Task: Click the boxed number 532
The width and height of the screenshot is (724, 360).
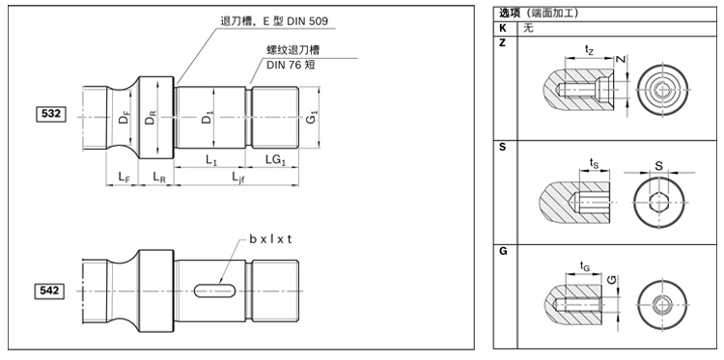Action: pyautogui.click(x=51, y=114)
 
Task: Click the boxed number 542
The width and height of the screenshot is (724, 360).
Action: pyautogui.click(x=50, y=291)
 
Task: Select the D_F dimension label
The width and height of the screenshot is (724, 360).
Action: pyautogui.click(x=124, y=118)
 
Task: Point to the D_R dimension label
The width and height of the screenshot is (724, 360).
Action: pyautogui.click(x=150, y=118)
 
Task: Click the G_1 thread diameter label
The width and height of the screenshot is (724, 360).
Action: pyautogui.click(x=312, y=118)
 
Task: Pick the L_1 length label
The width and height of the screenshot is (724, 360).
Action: pyautogui.click(x=211, y=160)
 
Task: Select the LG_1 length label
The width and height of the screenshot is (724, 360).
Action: pyautogui.click(x=276, y=160)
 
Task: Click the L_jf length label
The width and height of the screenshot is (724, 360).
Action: pyautogui.click(x=237, y=177)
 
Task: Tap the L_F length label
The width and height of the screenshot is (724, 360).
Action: pyautogui.click(x=123, y=177)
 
